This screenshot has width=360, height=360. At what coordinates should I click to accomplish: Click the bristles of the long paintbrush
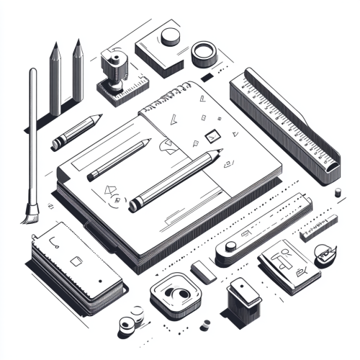30,212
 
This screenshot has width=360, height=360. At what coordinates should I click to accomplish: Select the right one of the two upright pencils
78,72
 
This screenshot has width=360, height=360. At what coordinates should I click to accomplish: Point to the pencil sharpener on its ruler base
115,72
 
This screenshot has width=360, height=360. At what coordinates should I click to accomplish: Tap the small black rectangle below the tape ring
207,76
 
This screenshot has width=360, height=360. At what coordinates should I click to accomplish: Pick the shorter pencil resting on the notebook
119,160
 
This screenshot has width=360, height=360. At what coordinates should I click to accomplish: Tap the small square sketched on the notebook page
212,134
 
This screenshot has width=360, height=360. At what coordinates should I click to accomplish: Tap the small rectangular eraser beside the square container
204,271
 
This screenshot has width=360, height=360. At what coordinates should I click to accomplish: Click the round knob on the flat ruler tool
230,247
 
